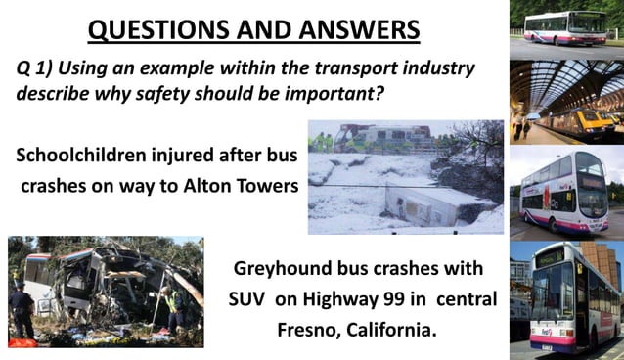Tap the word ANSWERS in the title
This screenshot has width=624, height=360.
point(348,30)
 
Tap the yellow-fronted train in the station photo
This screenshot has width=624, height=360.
point(597,116)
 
